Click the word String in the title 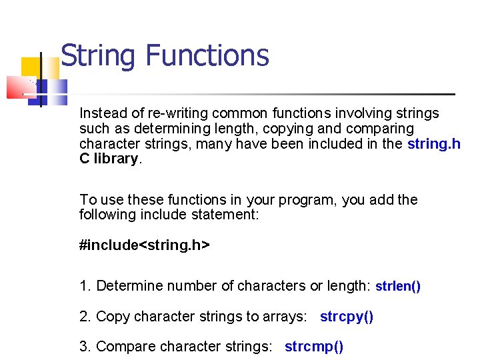click(98, 56)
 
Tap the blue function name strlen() click(398, 287)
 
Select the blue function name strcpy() click(347, 317)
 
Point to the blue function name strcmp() click(314, 347)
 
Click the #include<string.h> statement click(144, 245)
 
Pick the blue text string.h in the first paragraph click(433, 144)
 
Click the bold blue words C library click(109, 159)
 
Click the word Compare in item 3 click(124, 347)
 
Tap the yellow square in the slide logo click(29, 67)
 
